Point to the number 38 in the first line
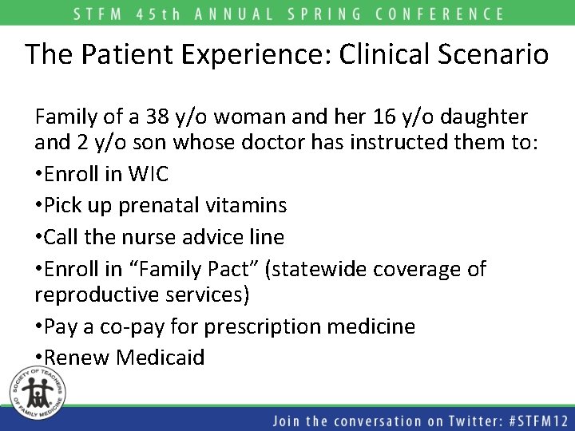click(157, 117)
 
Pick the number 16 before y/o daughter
click(382, 117)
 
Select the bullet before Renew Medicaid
click(39, 357)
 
